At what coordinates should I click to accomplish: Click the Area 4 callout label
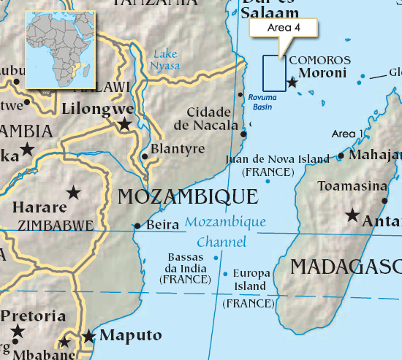coord(284,28)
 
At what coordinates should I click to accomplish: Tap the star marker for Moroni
coord(292,83)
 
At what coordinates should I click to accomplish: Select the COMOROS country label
coord(320,61)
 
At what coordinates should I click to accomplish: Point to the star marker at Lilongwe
coord(125,125)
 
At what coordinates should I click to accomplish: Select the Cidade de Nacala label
coord(213,118)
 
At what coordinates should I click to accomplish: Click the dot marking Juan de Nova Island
coord(268,181)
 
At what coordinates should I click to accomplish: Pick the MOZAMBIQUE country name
coord(187,196)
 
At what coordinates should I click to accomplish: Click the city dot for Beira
coord(137,226)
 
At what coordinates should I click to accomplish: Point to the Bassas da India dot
coord(216,257)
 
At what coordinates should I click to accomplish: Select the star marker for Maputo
coord(89,337)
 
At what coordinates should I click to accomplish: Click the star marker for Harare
coord(73,193)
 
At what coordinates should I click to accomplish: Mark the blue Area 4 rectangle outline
coord(274,74)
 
